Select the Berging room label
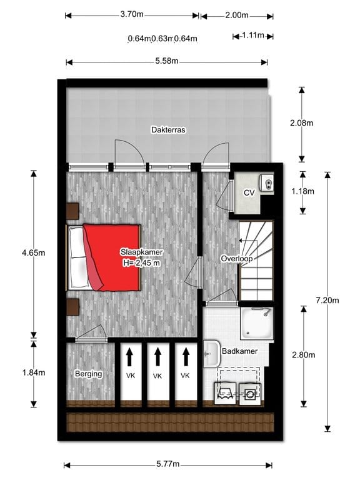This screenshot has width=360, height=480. click(88, 374)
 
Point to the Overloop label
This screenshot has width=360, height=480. click(236, 259)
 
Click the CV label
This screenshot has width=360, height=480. click(248, 192)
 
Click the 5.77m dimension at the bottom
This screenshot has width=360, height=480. click(167, 464)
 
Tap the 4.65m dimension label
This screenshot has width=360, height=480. click(33, 253)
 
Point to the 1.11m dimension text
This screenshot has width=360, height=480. click(252, 36)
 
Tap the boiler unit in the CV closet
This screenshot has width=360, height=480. click(266, 182)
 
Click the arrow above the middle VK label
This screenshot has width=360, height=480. click(157, 356)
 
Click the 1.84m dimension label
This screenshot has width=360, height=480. click(33, 372)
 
